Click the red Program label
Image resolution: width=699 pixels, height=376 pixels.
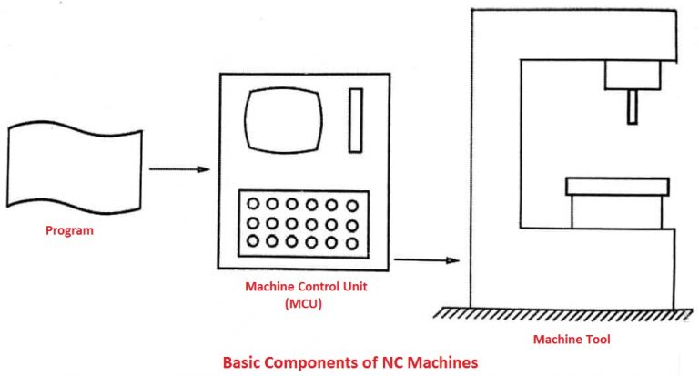69,230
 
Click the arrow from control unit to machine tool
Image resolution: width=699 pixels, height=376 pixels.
426,261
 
